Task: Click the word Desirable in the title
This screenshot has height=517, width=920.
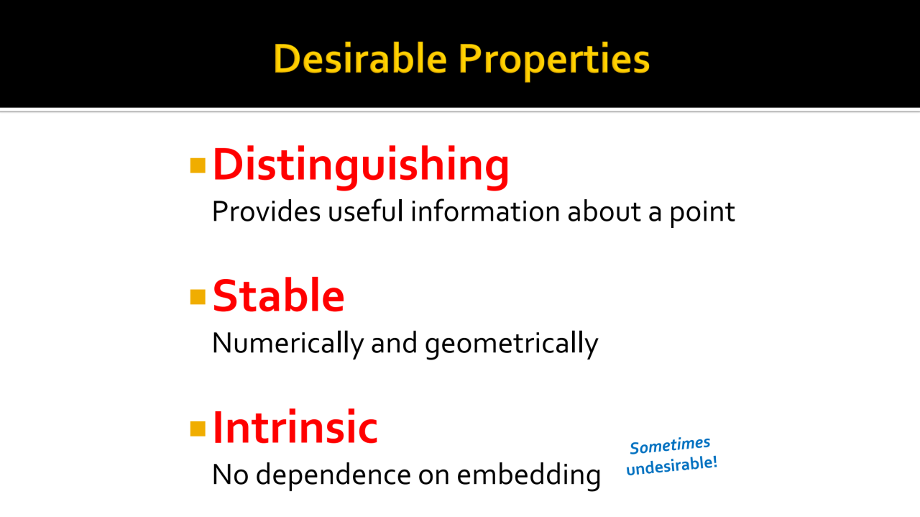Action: [x=360, y=59]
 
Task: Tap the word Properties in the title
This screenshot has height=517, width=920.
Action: [x=553, y=61]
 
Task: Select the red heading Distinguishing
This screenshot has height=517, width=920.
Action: [x=361, y=167]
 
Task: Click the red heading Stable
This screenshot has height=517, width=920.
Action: [x=278, y=295]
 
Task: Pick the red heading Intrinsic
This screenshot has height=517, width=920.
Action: [x=295, y=427]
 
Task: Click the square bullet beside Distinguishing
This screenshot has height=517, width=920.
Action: [x=198, y=165]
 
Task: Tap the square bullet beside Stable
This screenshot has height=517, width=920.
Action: [x=198, y=297]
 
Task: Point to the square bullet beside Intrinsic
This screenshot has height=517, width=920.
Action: [x=198, y=429]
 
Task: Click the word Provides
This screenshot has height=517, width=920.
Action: [x=266, y=211]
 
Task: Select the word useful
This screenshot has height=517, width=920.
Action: [x=366, y=211]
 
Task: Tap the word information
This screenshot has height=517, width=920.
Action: [x=485, y=211]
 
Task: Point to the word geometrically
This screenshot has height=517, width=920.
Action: [x=511, y=344]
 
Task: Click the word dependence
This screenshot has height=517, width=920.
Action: [x=333, y=475]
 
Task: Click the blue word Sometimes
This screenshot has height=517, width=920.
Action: [x=670, y=445]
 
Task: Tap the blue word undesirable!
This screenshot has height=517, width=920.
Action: [x=672, y=466]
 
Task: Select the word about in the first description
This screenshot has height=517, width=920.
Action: [x=604, y=211]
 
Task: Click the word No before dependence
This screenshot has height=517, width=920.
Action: [x=231, y=475]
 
